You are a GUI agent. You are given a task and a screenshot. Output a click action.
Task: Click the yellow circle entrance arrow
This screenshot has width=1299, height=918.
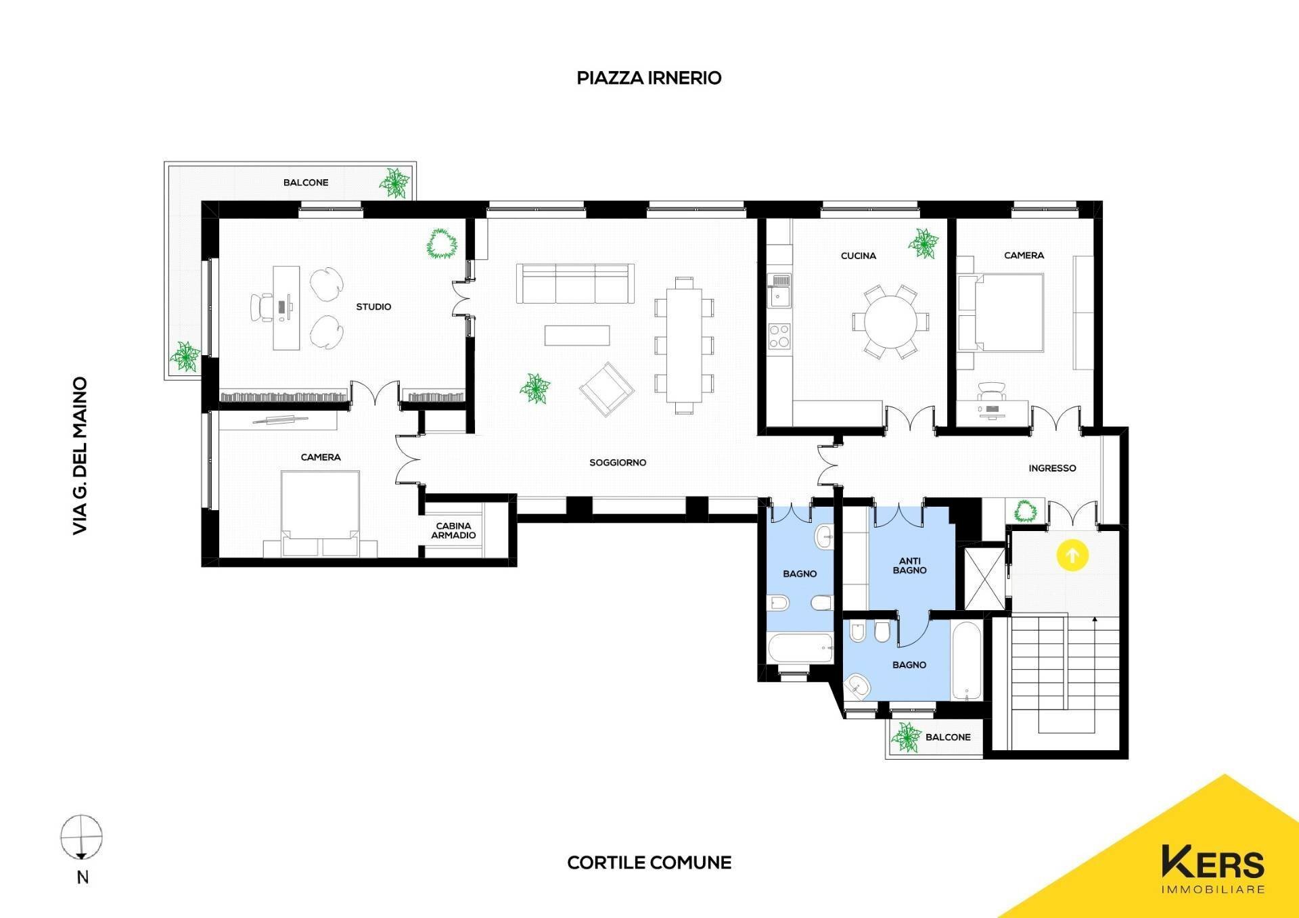tap(1072, 556)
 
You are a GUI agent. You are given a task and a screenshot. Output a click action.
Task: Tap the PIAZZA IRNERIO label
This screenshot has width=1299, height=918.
tap(649, 78)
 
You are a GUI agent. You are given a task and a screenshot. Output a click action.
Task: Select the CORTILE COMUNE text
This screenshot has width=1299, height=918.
tap(649, 863)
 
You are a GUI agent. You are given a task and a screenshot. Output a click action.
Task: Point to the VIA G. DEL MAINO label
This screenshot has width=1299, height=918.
tap(81, 456)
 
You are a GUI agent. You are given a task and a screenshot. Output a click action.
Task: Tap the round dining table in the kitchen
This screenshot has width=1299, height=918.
tap(890, 322)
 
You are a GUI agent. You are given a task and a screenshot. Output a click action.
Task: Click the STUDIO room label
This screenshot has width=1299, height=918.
tap(373, 306)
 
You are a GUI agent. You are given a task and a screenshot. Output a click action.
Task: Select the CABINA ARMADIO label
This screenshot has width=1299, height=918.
tap(453, 530)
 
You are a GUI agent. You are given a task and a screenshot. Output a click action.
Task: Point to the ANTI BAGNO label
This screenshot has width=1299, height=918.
tap(909, 566)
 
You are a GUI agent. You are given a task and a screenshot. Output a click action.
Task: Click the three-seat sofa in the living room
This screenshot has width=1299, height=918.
tap(575, 283)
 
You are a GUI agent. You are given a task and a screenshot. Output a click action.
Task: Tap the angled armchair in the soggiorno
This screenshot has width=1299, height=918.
tap(607, 389)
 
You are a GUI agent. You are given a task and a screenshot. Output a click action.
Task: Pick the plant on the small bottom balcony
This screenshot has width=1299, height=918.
tap(905, 737)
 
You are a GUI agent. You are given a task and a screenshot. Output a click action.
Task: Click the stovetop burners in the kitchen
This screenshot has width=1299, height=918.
tap(779, 336)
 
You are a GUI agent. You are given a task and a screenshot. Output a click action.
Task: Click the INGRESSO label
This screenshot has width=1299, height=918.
tap(1052, 468)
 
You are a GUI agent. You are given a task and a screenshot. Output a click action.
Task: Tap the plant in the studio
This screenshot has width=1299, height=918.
tap(441, 244)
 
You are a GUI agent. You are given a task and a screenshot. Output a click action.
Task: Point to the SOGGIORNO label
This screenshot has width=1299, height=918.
tap(618, 463)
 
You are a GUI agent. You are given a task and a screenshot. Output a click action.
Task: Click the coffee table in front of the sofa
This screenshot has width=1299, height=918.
tap(577, 336)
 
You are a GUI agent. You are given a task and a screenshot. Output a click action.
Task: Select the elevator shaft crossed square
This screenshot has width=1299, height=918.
tap(983, 578)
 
